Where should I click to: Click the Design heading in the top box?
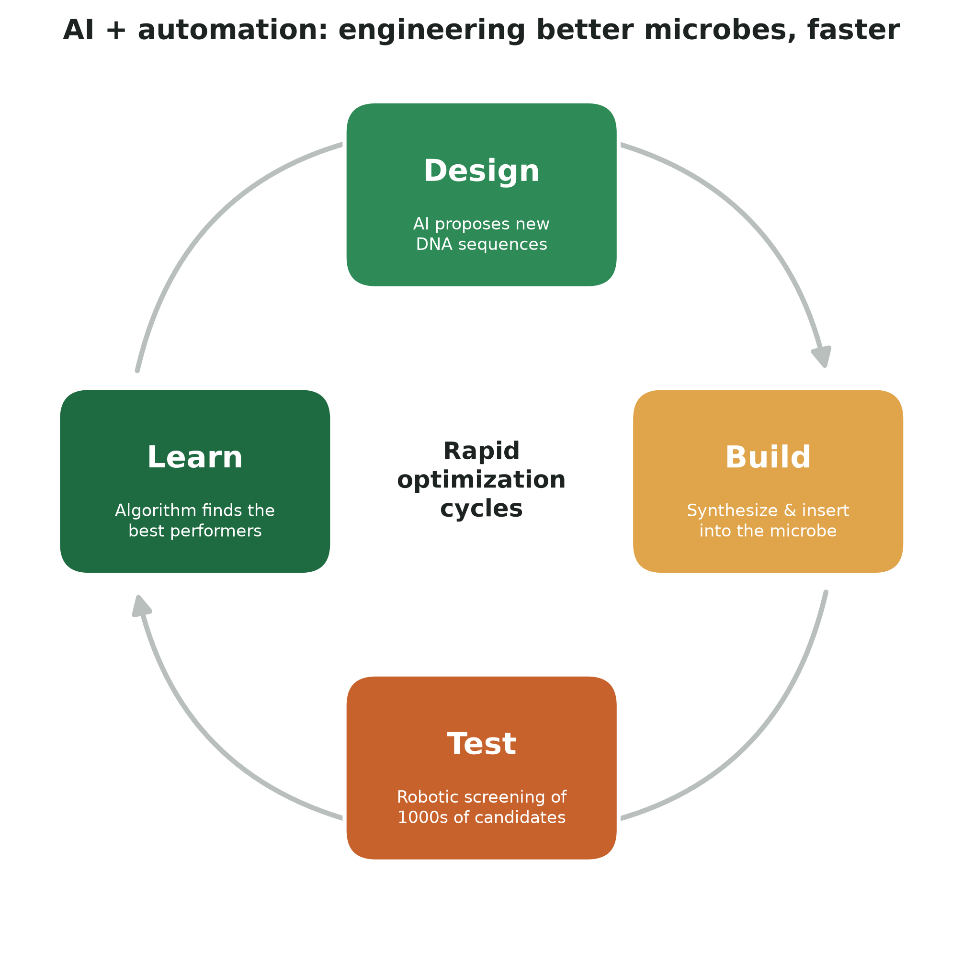(x=482, y=171)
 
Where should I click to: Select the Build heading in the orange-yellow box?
(x=768, y=458)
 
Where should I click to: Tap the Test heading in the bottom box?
(x=482, y=744)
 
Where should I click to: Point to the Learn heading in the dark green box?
(x=195, y=458)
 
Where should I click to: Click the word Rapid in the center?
(x=482, y=451)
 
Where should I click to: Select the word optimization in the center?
(x=482, y=480)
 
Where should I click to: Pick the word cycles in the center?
(x=482, y=509)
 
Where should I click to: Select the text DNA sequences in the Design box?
(x=482, y=245)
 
